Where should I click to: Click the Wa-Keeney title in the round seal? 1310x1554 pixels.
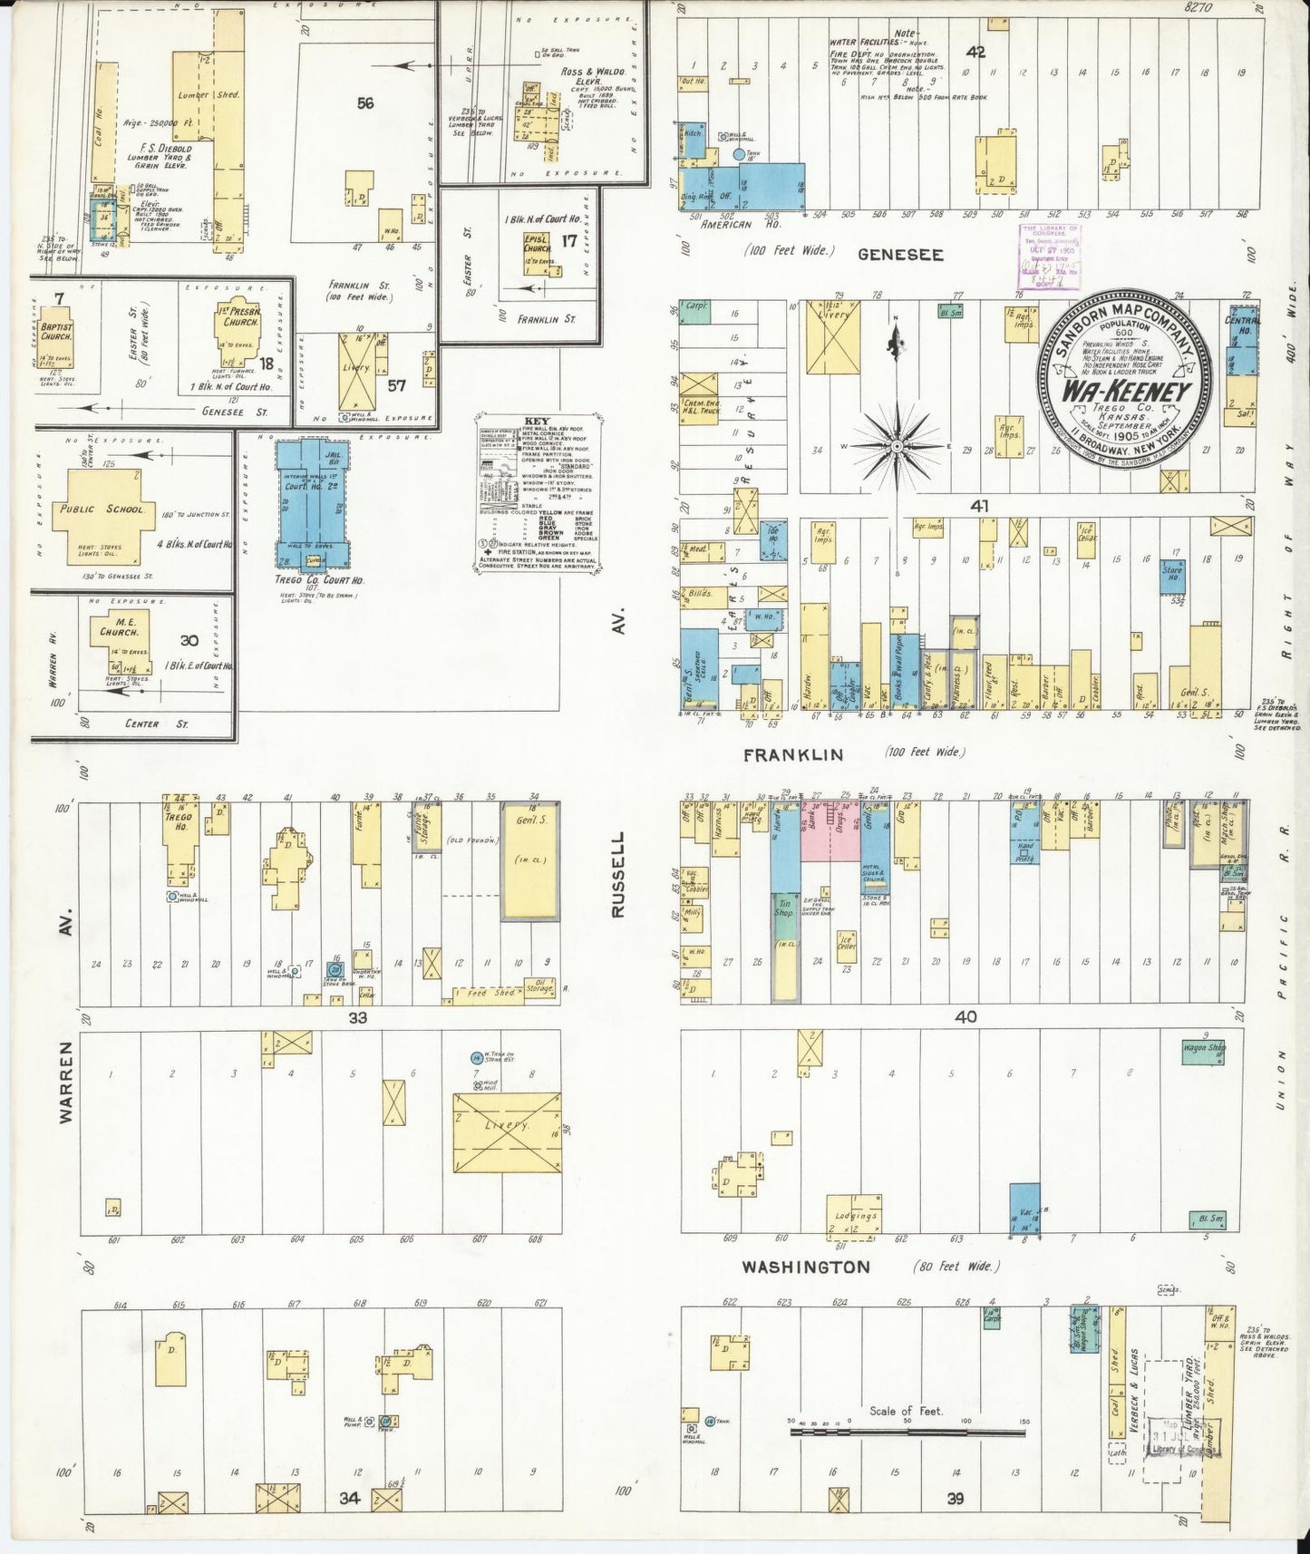[x=1127, y=393]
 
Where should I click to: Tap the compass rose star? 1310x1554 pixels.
[x=896, y=446]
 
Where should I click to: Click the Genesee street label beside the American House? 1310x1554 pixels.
[x=900, y=255]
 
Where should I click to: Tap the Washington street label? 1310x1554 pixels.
[x=806, y=1267]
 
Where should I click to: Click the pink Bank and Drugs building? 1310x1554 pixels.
[x=830, y=830]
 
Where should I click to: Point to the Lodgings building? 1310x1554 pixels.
[x=854, y=1216]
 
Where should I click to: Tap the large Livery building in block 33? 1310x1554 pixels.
[x=507, y=1132]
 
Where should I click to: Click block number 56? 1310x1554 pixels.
[x=364, y=104]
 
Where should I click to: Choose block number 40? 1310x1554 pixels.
[x=966, y=1017]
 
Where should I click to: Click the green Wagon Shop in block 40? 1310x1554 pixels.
[x=1204, y=1050]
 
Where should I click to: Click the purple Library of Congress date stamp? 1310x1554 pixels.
[x=1050, y=257]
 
